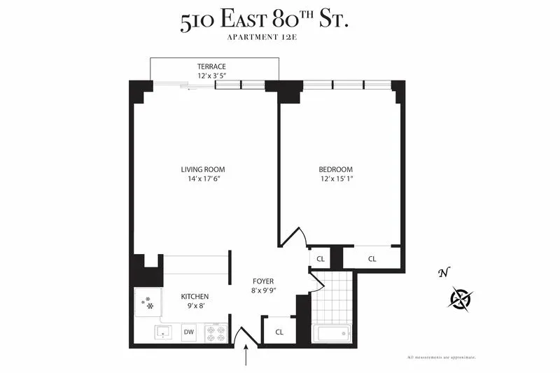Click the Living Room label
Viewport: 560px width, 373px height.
pos(203,169)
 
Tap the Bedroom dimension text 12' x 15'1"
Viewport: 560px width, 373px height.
pos(335,179)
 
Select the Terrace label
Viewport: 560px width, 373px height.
pos(211,66)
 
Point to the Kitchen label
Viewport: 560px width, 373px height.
pos(195,297)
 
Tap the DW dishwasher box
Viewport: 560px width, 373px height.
pos(188,332)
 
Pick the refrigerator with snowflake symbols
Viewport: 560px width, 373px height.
pos(148,303)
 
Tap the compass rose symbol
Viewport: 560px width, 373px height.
pos(461,299)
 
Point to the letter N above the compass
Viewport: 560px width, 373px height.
pos(442,273)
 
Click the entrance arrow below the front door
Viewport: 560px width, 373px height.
pos(246,357)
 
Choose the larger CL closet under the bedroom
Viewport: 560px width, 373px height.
pos(372,258)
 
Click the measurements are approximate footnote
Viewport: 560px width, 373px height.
pos(441,358)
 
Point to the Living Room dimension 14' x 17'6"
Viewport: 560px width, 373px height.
pos(203,179)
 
